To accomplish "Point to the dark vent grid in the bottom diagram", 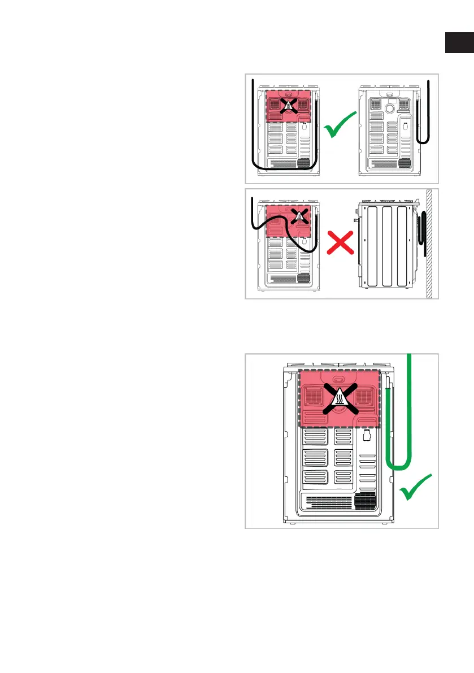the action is click(365, 501).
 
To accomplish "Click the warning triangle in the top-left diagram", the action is click(288, 105).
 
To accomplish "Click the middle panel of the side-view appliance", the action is click(384, 246).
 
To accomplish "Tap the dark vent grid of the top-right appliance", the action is click(403, 163).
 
